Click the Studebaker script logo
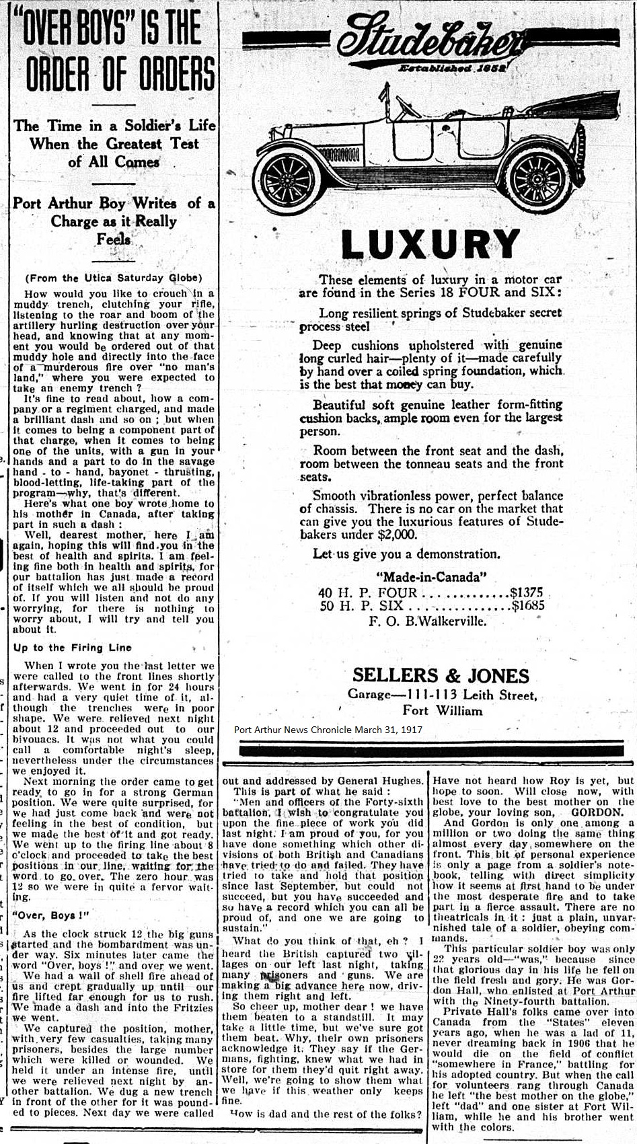click(x=430, y=39)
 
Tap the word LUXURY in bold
click(x=430, y=244)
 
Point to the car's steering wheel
click(x=408, y=108)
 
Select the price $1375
click(x=526, y=593)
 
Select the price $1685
click(x=528, y=605)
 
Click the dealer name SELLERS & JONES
click(x=441, y=675)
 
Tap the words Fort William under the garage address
click(x=442, y=710)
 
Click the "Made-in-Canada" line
click(x=430, y=577)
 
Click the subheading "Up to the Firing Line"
click(x=67, y=648)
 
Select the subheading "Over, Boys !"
click(x=50, y=915)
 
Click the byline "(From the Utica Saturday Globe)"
click(x=113, y=278)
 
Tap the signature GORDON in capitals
click(x=596, y=812)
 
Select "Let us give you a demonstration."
click(x=406, y=554)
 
